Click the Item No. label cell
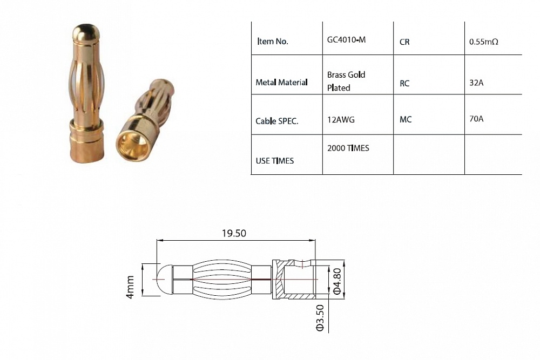(x=274, y=42)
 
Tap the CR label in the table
(x=404, y=42)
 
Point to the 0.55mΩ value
(x=484, y=41)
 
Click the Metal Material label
(x=281, y=83)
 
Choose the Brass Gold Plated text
(x=346, y=81)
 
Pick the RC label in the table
(x=405, y=84)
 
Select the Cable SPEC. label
(x=277, y=121)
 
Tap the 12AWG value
(x=341, y=120)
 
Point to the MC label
(x=406, y=119)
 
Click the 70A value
(x=476, y=119)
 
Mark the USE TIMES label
(x=275, y=161)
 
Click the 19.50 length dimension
(x=234, y=233)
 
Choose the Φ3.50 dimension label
(x=319, y=317)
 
